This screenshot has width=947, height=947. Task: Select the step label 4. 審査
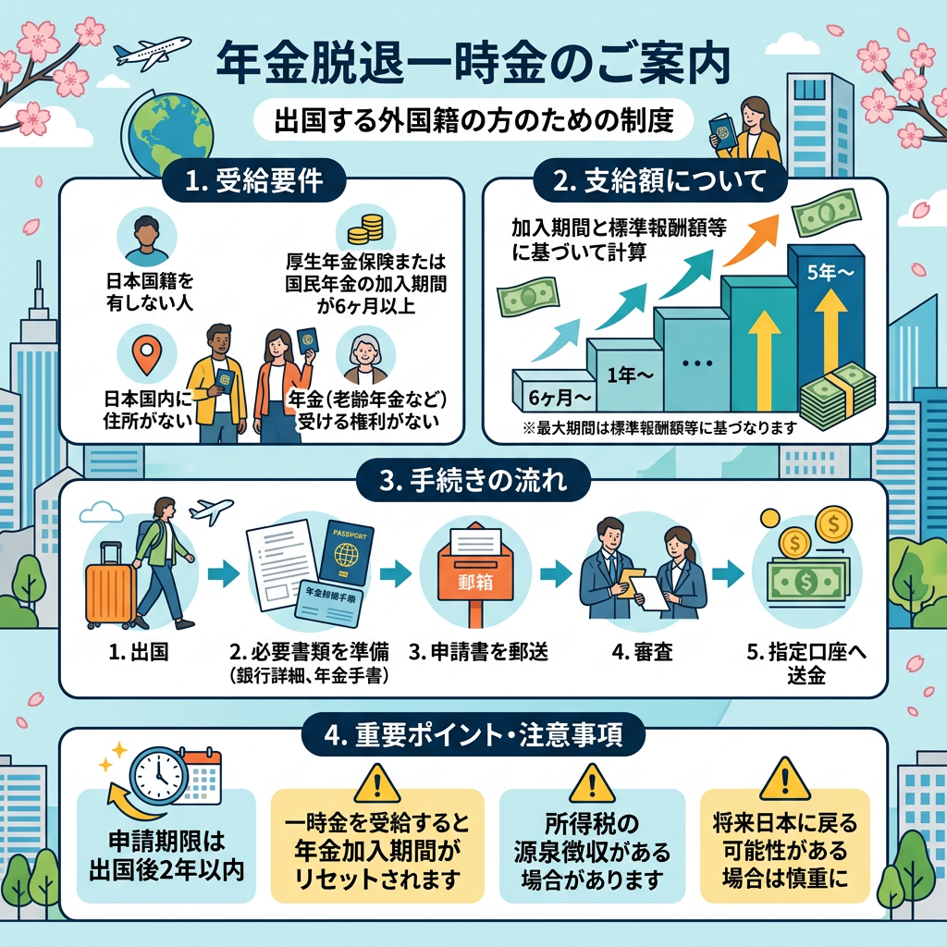click(x=632, y=653)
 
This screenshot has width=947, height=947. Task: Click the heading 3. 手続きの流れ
click(x=473, y=480)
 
